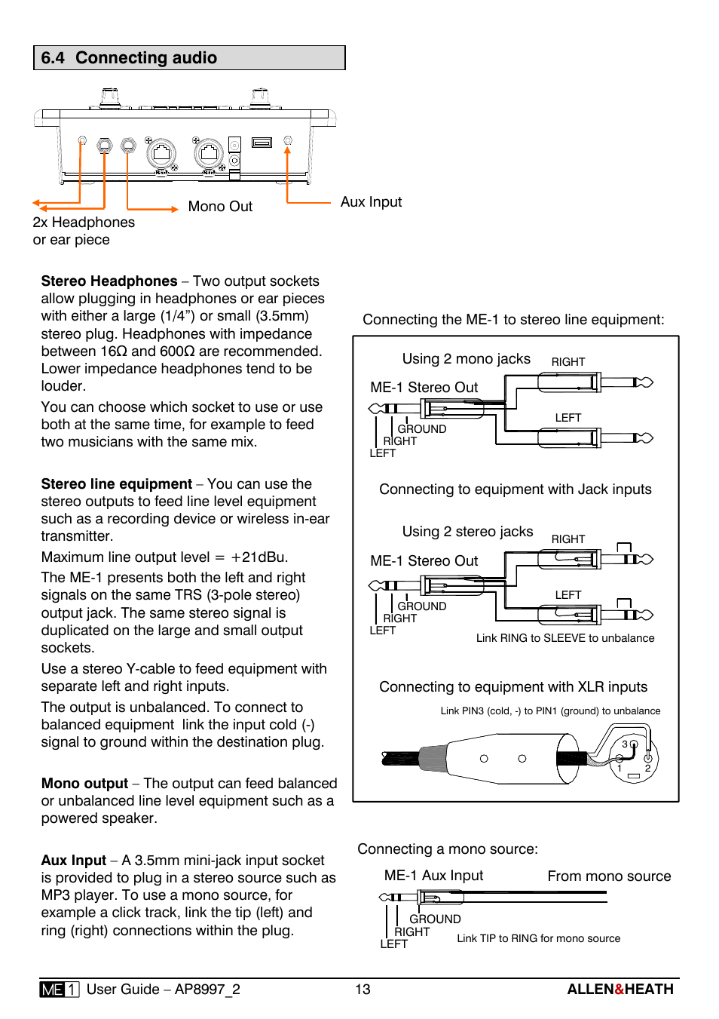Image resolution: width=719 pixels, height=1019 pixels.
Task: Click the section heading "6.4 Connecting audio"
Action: click(129, 58)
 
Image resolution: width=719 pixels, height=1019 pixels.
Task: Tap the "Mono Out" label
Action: click(220, 207)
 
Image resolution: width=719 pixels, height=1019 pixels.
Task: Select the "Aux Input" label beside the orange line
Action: click(371, 202)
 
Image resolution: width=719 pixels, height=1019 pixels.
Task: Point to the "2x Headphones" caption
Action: click(84, 223)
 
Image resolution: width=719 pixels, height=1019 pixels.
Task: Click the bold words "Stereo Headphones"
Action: click(109, 281)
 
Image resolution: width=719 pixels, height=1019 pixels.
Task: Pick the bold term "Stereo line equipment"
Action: click(117, 484)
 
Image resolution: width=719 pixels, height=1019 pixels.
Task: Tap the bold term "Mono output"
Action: click(85, 784)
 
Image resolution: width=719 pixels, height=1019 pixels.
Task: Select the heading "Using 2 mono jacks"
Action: click(466, 359)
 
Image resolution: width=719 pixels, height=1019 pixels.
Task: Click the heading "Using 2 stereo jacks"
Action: click(467, 532)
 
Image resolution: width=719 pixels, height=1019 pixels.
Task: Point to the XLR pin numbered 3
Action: click(625, 744)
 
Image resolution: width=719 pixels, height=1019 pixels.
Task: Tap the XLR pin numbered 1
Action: click(620, 769)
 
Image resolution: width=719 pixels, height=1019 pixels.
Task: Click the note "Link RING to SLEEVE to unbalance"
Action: click(565, 638)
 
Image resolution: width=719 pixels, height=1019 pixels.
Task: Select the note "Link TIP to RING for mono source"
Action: click(538, 938)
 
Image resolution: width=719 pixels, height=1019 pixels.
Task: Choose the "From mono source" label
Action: click(609, 876)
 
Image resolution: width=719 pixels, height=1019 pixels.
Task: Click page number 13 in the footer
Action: click(363, 990)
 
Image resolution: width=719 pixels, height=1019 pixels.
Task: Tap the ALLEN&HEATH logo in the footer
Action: click(620, 990)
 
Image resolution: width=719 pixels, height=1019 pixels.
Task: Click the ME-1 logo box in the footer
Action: click(60, 990)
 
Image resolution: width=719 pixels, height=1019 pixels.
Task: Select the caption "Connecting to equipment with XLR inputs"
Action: click(513, 687)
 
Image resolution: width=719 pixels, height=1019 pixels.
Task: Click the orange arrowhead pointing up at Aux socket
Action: click(287, 150)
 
